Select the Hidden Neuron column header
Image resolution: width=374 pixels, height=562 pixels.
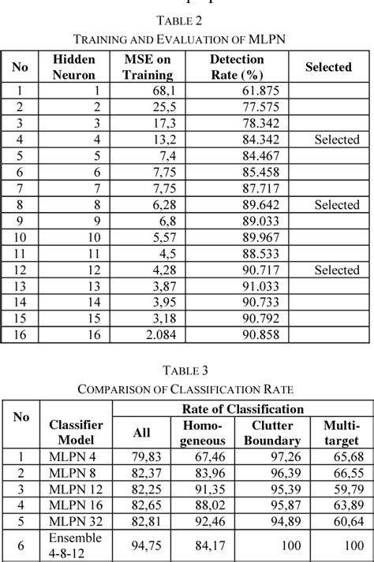pyautogui.click(x=73, y=67)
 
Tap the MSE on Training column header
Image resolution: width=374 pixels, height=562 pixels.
pyautogui.click(x=148, y=67)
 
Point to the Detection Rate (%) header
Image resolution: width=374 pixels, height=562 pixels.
pyautogui.click(x=237, y=67)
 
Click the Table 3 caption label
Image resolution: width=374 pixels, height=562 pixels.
pyautogui.click(x=186, y=370)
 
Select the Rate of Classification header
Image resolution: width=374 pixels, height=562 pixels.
pyautogui.click(x=242, y=409)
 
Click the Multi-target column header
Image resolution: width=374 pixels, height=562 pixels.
pyautogui.click(x=342, y=433)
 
